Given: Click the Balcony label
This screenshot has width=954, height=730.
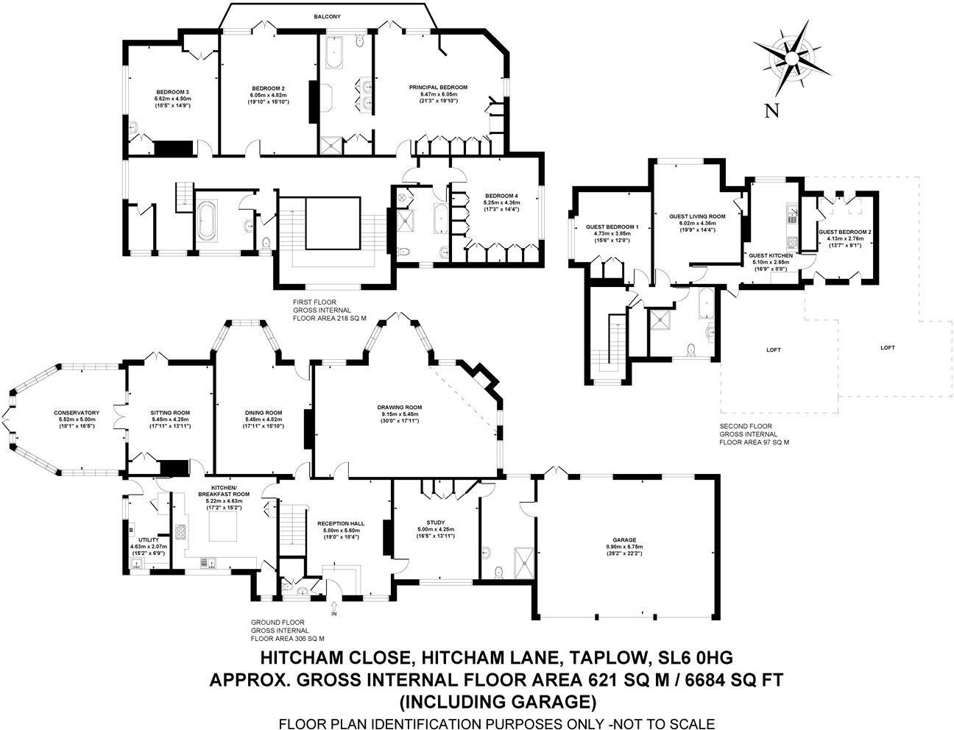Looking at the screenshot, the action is [327, 16].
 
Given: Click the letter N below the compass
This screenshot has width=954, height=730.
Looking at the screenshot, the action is [771, 112].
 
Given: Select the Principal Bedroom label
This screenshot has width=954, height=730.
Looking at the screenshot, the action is [438, 88].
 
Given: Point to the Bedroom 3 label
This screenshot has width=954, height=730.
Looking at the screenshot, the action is [172, 92].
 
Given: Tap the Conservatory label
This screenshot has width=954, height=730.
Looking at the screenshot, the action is [77, 413].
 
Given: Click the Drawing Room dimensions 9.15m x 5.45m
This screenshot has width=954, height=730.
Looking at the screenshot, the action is [400, 414].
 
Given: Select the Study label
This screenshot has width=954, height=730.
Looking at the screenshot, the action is [436, 522].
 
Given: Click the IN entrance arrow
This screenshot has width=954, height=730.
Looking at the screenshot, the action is [333, 606].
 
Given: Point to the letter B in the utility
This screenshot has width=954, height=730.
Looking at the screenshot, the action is [130, 531].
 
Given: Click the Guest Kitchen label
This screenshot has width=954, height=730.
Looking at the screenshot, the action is [771, 256].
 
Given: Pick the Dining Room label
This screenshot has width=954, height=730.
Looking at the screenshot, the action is [264, 413].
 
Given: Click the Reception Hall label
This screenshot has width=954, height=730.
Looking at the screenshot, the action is [341, 524].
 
